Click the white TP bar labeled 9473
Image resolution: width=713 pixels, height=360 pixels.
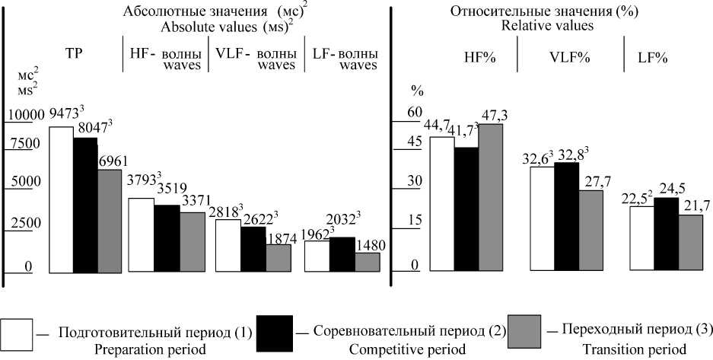click(x=61, y=199)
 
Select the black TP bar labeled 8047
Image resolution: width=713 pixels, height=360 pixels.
click(x=85, y=205)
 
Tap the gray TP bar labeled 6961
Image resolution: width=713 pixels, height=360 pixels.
click(x=110, y=221)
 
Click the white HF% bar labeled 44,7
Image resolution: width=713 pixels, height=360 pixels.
click(x=442, y=203)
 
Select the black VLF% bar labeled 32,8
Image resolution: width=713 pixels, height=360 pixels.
click(x=568, y=216)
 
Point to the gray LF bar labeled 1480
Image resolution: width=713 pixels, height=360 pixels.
click(x=368, y=262)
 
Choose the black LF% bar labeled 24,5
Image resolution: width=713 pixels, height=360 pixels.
click(x=667, y=234)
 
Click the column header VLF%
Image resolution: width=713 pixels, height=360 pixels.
click(x=568, y=58)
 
